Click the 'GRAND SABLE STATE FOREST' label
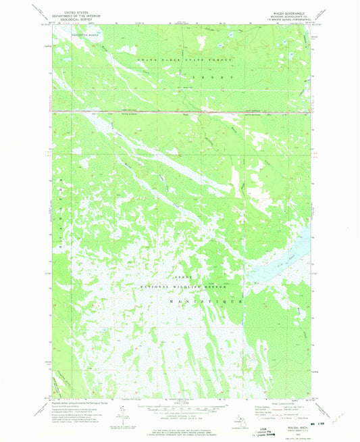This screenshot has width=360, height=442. pos(184,61)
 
